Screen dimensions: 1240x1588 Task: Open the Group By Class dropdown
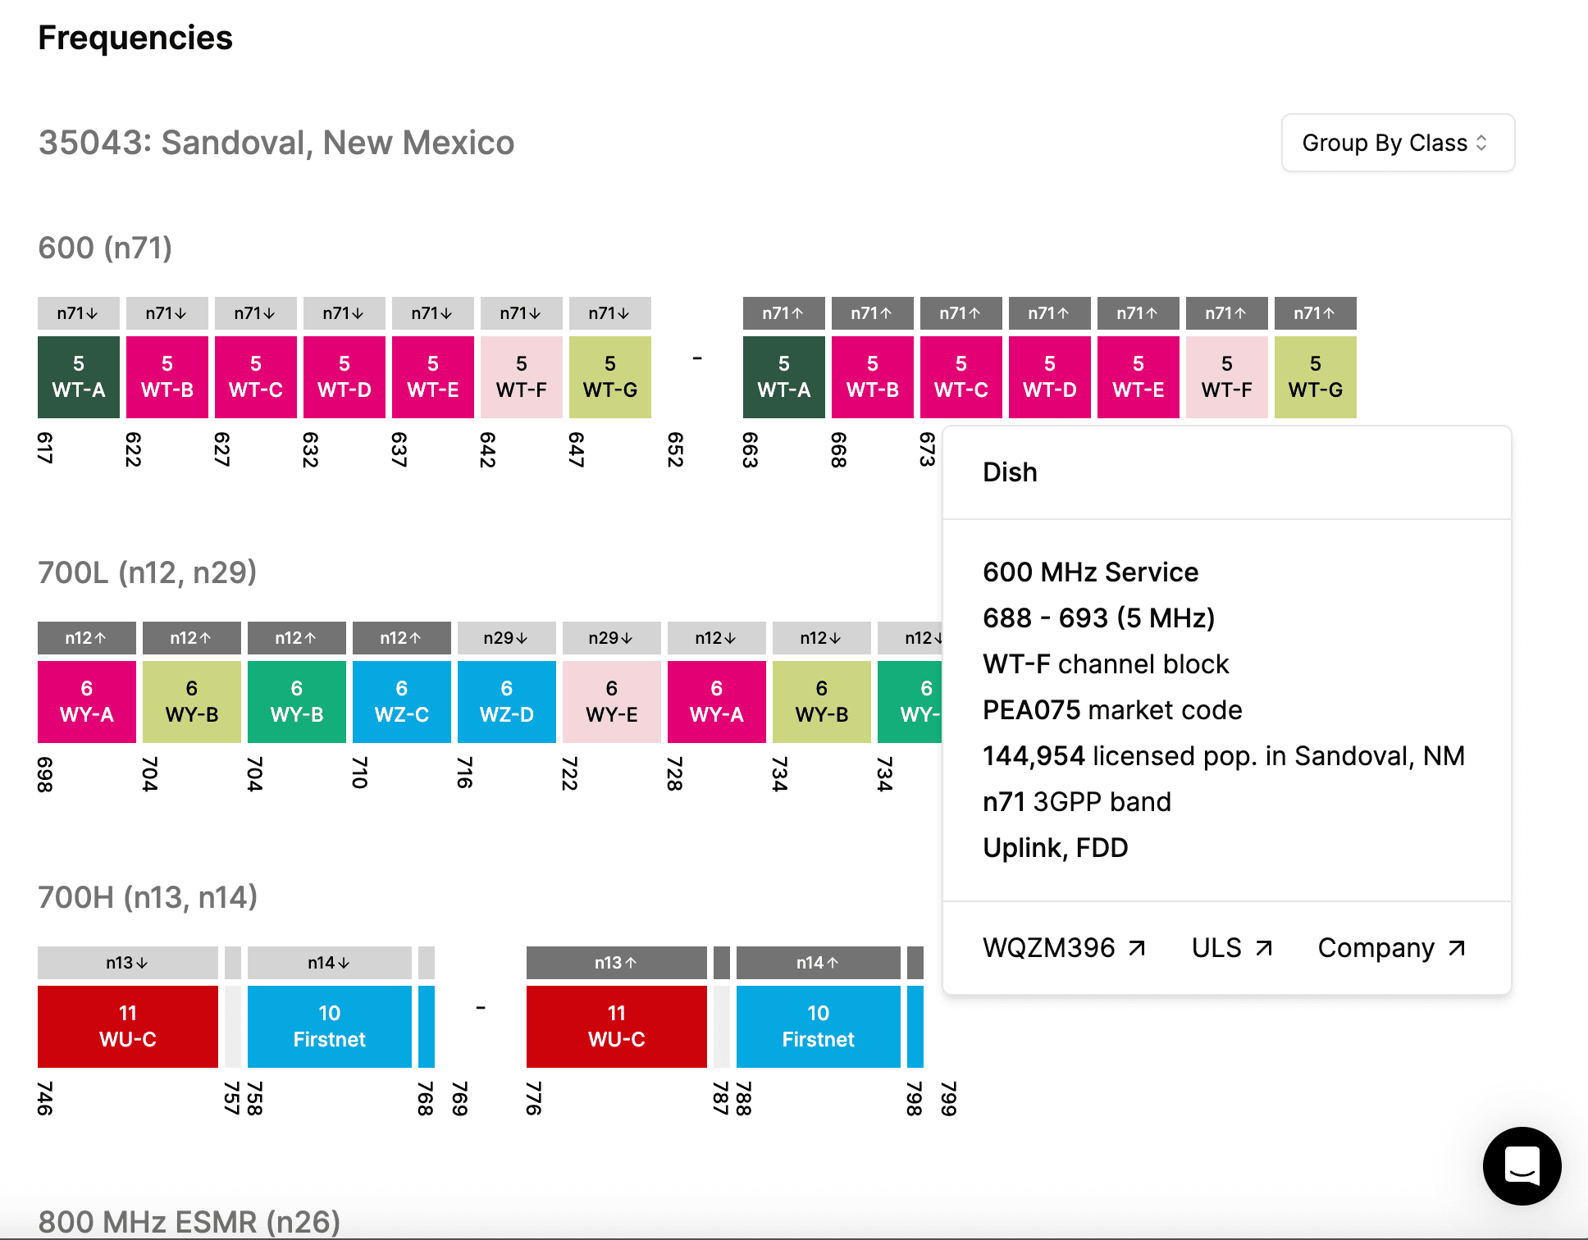[x=1397, y=143]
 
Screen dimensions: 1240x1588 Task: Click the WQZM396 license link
[x=1063, y=948]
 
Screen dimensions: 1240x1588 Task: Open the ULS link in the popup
[x=1231, y=948]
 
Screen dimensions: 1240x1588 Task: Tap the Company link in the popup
[x=1390, y=948]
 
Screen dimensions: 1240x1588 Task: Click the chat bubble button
[x=1522, y=1165]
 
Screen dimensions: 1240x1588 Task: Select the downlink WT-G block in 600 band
[x=609, y=377]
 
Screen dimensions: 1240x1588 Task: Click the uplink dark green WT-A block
[x=783, y=377]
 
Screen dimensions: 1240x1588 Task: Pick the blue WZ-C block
[x=401, y=702]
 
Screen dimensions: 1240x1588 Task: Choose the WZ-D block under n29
[x=506, y=702]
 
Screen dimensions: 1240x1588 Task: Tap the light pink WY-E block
[x=611, y=702]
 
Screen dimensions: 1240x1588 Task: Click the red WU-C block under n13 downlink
[x=127, y=1026]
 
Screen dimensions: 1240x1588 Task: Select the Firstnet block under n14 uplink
[x=818, y=1026]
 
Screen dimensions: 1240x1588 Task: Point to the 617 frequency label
[x=45, y=448]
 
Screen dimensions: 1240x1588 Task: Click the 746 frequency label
[x=45, y=1099]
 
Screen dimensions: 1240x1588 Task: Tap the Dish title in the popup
[x=1010, y=472]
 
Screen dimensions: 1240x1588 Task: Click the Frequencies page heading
[x=135, y=38]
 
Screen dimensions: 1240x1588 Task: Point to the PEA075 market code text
[x=1111, y=710]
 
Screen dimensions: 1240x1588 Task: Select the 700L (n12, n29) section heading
[x=148, y=572]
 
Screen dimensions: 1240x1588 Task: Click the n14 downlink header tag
[x=329, y=963]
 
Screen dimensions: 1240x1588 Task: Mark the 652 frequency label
[x=675, y=449]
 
